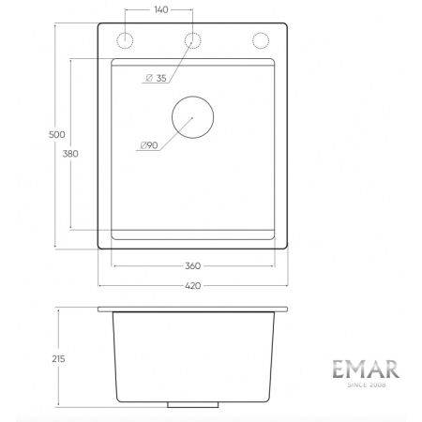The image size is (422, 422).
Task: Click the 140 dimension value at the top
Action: [160, 10]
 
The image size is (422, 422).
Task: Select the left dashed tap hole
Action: [123, 40]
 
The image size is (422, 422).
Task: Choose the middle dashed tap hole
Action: [193, 40]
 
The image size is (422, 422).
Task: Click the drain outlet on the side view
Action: [193, 405]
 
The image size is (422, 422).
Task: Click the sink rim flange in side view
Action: [193, 309]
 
